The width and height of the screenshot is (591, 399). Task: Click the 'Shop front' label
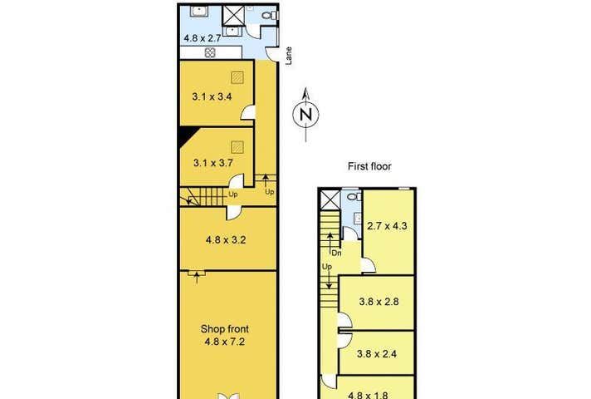click(x=225, y=329)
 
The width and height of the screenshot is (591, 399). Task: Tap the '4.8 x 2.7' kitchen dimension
click(x=202, y=38)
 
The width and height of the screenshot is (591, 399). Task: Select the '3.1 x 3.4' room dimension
click(x=212, y=96)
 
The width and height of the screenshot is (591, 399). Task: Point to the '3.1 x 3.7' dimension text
click(x=213, y=163)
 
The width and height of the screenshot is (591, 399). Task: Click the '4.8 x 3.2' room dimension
click(x=226, y=239)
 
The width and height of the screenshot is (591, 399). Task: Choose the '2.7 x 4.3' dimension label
click(x=387, y=226)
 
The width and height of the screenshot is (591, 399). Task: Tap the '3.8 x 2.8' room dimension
click(x=379, y=302)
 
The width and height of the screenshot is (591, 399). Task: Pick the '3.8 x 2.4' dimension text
click(x=377, y=354)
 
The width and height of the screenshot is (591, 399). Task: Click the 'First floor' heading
click(x=369, y=166)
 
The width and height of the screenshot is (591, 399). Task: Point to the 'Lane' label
click(x=289, y=56)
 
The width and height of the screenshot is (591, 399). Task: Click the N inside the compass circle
click(x=306, y=114)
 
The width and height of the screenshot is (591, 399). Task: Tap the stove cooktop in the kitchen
click(x=210, y=52)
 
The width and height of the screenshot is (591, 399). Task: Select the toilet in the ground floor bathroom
click(x=270, y=16)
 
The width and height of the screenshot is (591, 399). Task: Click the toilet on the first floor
click(x=354, y=197)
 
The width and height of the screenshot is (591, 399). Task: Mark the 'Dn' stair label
click(x=336, y=254)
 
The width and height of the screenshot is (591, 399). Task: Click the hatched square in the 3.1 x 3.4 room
click(x=237, y=78)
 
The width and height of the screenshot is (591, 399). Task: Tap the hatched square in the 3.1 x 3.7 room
click(x=237, y=147)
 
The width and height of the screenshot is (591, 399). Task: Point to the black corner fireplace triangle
click(x=188, y=135)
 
